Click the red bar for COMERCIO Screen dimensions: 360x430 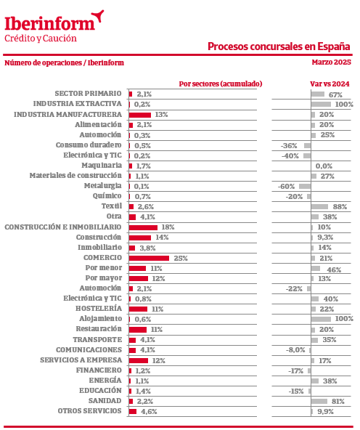click(x=149, y=258)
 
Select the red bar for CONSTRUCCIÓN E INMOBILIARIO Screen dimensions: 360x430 click(x=143, y=227)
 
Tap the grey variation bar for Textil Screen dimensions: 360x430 click(x=319, y=206)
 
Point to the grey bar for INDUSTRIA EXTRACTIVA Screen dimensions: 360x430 click(x=321, y=104)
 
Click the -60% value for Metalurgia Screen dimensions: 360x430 click(x=286, y=187)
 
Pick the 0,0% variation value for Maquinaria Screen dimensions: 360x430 click(x=324, y=166)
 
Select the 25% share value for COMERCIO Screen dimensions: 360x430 click(x=181, y=258)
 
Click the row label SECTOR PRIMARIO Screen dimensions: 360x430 click(x=88, y=94)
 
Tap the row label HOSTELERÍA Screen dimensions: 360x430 click(x=99, y=309)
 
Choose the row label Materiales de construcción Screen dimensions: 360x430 click(x=75, y=176)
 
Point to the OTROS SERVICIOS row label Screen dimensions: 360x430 click(x=89, y=411)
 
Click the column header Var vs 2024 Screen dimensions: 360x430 click(x=330, y=84)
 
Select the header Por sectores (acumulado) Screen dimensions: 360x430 click(x=221, y=84)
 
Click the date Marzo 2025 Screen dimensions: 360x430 click(x=331, y=62)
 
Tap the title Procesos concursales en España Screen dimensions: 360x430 click(x=279, y=46)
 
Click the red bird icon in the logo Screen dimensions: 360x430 click(x=98, y=16)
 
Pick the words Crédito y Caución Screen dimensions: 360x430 click(x=41, y=38)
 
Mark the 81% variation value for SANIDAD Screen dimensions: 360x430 click(x=337, y=401)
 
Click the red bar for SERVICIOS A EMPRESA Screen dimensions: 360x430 click(x=139, y=360)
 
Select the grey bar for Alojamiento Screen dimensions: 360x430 click(x=321, y=319)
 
